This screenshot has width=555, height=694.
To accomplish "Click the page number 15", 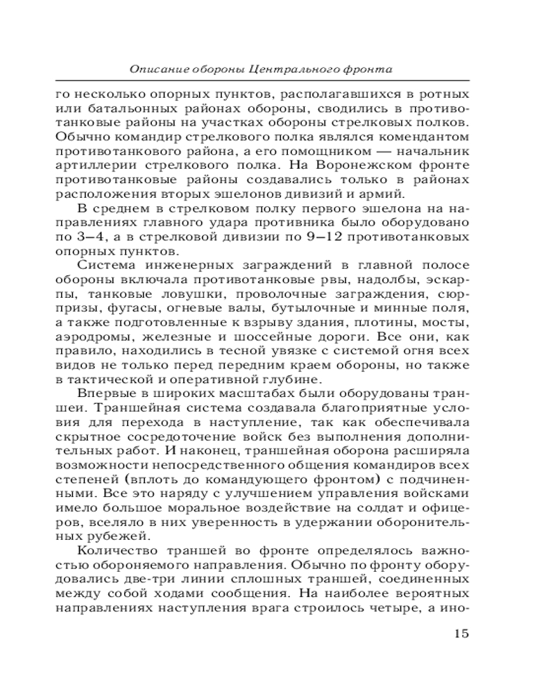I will click(461, 634).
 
